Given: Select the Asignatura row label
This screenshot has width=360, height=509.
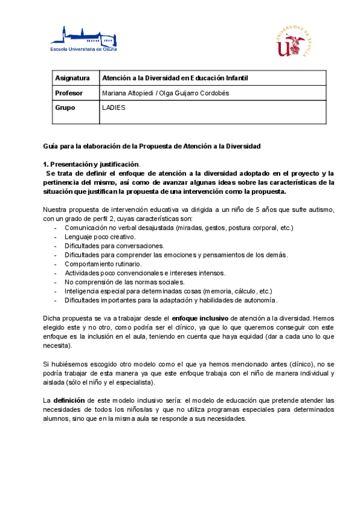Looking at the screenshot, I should coord(72,79).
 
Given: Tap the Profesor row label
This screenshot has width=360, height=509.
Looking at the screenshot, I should coord(68,93).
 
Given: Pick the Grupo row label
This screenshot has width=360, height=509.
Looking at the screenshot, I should coord(65,108).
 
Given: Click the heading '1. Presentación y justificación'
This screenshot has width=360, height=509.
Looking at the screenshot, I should coord(91,164).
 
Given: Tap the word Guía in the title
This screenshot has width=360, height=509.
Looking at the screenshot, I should coord(50,146).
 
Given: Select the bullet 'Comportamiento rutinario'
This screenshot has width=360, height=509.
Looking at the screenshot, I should coord(103,264).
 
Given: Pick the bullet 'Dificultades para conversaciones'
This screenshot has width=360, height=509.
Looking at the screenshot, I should coord(114,246).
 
